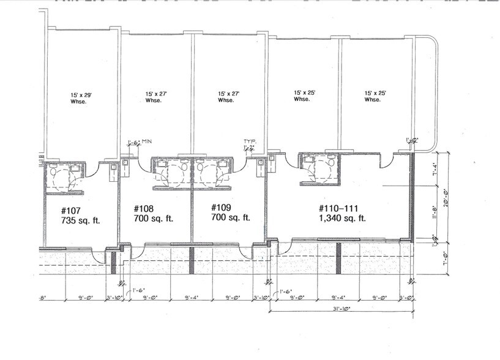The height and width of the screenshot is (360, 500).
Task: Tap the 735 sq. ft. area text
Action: (x=81, y=220)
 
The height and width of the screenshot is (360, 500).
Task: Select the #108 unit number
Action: (x=144, y=208)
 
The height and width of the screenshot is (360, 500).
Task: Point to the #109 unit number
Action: (x=222, y=208)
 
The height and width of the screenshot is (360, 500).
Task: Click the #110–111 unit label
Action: (x=338, y=208)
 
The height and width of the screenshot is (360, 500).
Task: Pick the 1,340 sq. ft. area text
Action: (x=342, y=218)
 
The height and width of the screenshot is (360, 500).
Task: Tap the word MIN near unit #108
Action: (x=147, y=142)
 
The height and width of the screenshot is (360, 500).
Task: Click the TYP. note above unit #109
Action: (x=249, y=141)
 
